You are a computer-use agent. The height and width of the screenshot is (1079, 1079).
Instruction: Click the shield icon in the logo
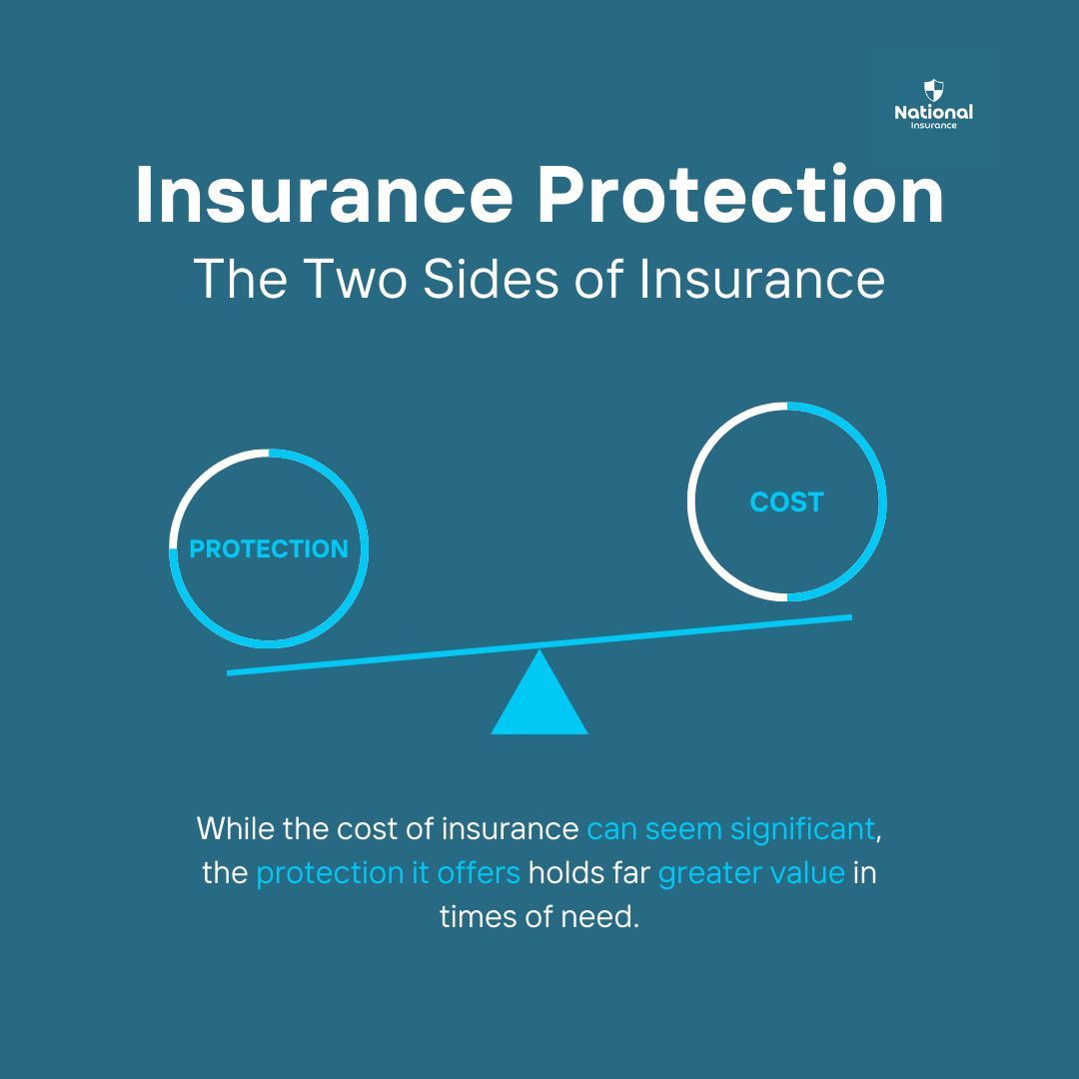pos(933,90)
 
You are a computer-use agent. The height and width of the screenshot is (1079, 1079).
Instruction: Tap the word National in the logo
pos(933,112)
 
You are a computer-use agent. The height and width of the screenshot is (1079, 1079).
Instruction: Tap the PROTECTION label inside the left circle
pos(269,548)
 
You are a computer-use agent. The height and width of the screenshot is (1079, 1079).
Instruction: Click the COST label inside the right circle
pos(786,502)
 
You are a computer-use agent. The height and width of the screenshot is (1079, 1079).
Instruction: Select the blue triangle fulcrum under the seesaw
pos(539,697)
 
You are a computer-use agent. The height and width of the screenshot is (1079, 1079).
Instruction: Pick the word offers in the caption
pos(481,872)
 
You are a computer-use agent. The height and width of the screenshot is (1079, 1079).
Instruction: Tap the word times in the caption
pos(476,916)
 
